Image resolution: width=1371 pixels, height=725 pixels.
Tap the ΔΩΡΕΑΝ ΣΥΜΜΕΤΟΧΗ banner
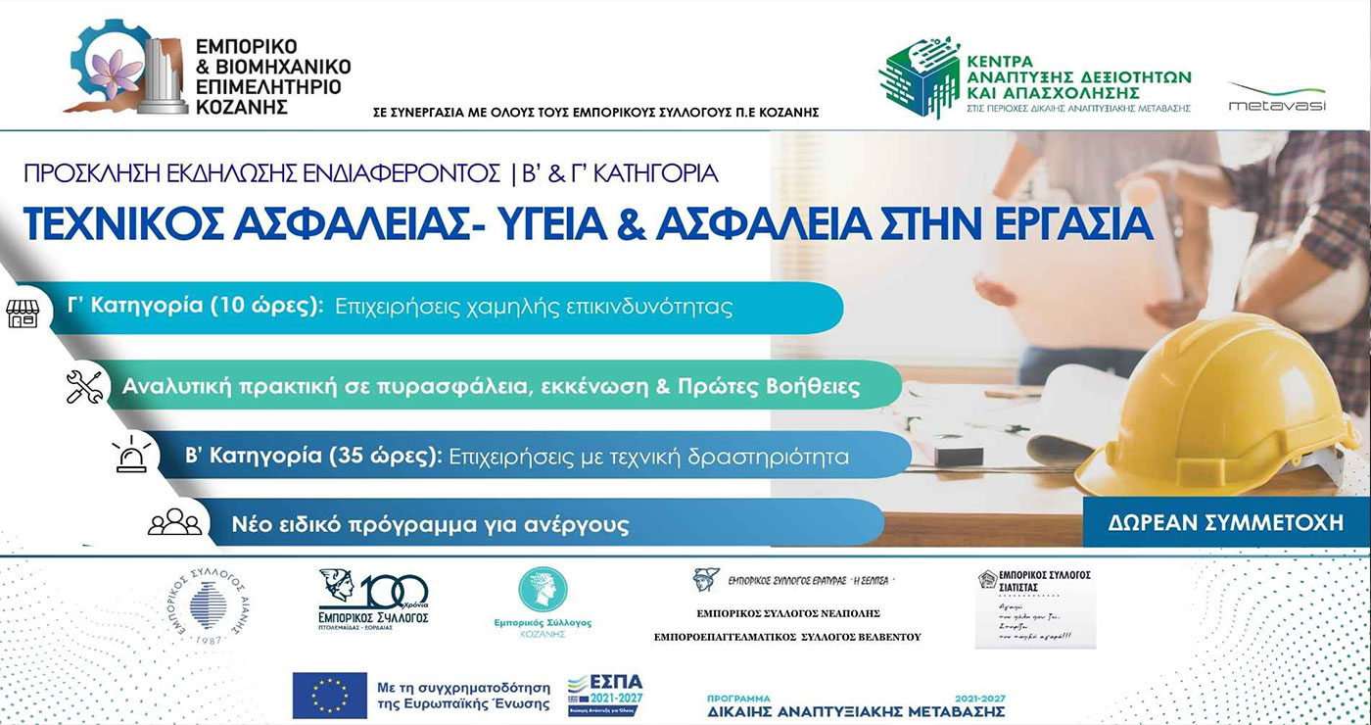coord(1225,521)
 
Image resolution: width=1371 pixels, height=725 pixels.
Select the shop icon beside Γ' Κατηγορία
coord(22,313)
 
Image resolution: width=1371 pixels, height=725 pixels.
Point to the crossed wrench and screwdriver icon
coord(84,386)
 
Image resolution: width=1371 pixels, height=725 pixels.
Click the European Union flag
coord(329,695)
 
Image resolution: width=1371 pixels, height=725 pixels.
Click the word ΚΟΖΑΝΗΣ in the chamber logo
coord(242,107)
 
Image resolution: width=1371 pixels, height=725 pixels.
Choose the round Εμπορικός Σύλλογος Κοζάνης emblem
coord(543,590)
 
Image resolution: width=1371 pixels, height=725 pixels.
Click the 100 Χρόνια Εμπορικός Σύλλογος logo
coord(374,599)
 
